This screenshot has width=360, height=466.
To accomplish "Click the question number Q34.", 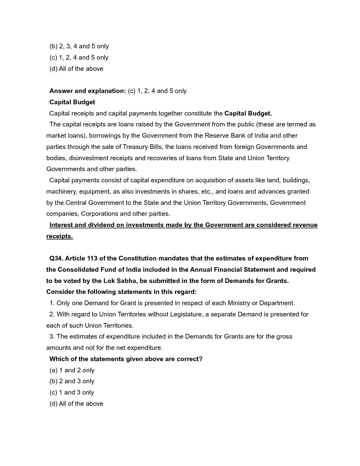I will [57, 258].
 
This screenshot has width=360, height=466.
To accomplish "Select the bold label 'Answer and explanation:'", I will [88, 91].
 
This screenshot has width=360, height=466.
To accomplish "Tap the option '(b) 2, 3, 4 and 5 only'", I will [79, 46].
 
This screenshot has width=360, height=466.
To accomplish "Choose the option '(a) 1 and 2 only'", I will [72, 370].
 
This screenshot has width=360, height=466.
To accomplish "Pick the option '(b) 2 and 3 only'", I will [72, 381].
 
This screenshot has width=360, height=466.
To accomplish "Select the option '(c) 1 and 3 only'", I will [72, 393].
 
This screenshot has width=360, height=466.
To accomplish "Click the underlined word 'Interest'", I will [61, 225].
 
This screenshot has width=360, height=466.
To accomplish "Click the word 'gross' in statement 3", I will [284, 337].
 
